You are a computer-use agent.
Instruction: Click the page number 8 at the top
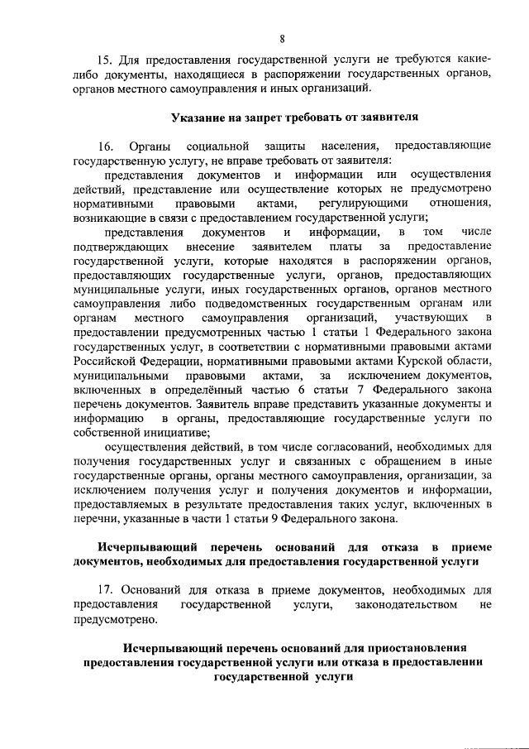click(282, 39)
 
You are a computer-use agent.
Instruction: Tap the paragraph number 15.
click(105, 60)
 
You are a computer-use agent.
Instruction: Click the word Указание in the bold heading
click(198, 117)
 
